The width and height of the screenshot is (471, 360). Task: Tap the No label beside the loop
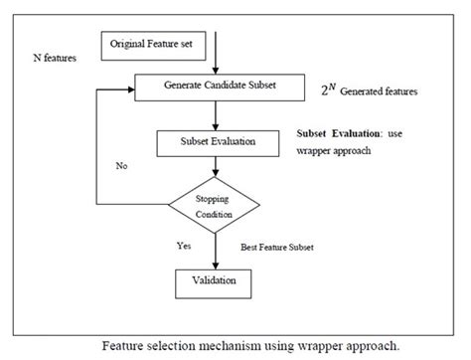122,166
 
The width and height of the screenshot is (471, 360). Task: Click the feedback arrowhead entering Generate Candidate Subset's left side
127,90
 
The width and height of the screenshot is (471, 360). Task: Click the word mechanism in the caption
235,345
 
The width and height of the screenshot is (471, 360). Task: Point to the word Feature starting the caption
125,345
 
